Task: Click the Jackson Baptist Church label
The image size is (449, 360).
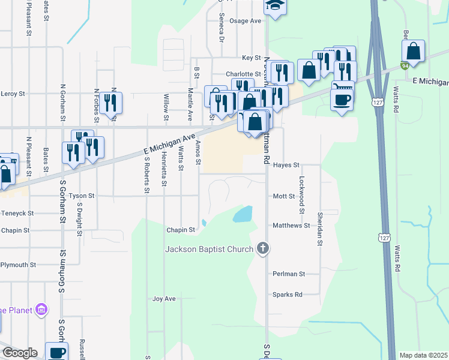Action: pos(209,248)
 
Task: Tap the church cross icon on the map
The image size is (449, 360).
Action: pos(262,248)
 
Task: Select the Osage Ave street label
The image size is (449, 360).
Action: pos(246,20)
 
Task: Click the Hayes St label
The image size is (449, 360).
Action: pos(286,164)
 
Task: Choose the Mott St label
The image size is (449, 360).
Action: pos(284,196)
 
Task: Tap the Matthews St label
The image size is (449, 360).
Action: pos(291,226)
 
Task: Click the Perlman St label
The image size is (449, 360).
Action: pos(289,274)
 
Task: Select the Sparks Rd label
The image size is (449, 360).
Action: pos(287,295)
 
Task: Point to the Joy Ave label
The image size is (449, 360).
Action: pos(163,298)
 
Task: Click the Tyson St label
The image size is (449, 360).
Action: pos(82,196)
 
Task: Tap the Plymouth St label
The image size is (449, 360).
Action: pos(18,264)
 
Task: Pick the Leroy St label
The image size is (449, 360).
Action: pos(13,94)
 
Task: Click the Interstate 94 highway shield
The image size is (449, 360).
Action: pos(406,65)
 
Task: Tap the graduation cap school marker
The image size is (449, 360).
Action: pos(276,6)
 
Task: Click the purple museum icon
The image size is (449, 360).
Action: pos(41,310)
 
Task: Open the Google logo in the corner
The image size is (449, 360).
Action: pos(19,353)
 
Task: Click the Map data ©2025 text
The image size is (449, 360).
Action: pos(423,355)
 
